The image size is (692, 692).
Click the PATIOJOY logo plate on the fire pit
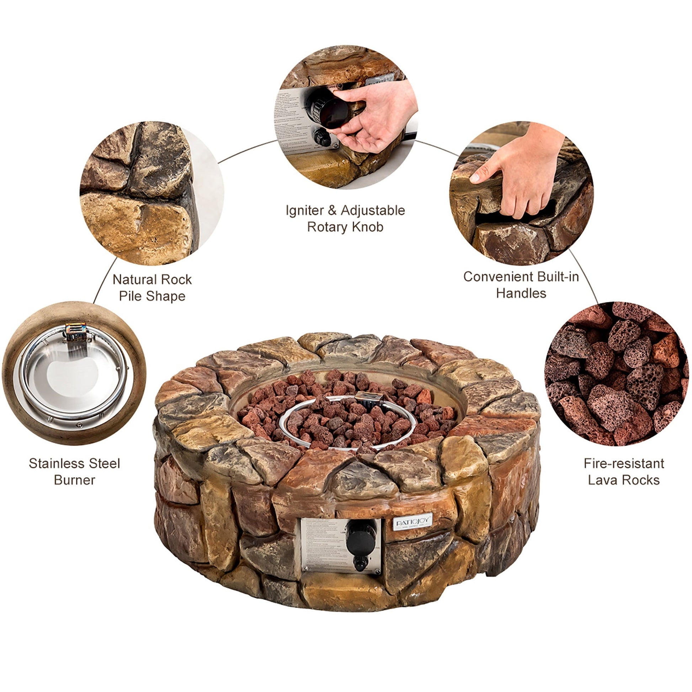[412, 522]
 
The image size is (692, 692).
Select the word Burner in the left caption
[75, 480]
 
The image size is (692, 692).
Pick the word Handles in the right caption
[521, 294]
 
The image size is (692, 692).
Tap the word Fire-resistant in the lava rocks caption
[624, 463]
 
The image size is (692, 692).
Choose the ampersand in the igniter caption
[332, 211]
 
